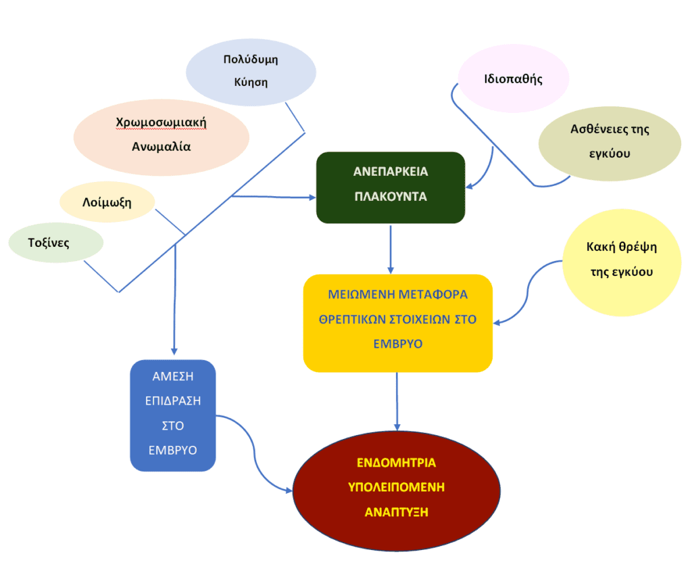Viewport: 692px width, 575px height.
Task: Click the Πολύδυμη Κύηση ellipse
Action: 251,71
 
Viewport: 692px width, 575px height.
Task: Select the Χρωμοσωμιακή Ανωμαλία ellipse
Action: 161,135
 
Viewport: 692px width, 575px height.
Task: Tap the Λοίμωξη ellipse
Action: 107,202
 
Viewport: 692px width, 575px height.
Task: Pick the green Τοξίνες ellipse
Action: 55,242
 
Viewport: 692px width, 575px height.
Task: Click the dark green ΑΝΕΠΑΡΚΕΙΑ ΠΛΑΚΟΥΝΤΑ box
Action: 391,187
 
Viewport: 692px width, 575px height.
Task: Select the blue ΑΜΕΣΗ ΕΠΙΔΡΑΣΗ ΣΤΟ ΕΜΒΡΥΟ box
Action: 173,415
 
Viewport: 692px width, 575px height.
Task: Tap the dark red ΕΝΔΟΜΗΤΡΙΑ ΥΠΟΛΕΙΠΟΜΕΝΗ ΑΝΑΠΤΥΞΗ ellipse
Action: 396,488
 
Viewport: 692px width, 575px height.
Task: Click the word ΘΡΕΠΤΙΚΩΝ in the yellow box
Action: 357,319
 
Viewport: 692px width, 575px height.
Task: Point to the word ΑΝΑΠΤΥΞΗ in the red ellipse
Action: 397,511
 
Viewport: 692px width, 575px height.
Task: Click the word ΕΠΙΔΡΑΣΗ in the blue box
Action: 173,400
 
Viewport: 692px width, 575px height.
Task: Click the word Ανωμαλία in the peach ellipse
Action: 161,145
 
